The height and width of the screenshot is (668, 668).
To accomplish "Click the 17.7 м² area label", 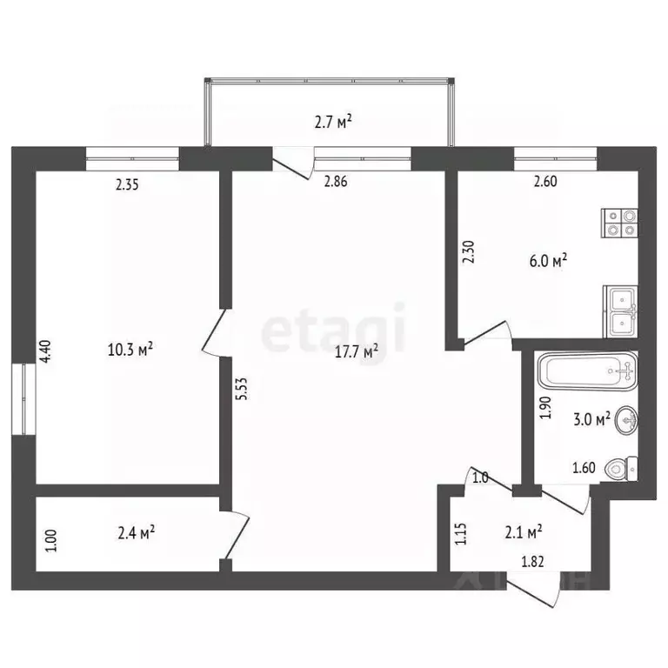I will [x=358, y=352].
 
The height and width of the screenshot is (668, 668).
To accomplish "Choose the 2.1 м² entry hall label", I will [x=524, y=529].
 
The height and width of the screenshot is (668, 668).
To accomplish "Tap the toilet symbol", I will [x=622, y=470].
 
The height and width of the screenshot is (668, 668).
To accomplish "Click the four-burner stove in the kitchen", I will [x=621, y=223].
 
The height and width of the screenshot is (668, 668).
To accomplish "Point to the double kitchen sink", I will [x=621, y=311].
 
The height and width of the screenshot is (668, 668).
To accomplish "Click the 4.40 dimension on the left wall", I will [x=48, y=351].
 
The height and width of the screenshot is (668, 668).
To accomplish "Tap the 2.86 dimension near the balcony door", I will [x=337, y=182].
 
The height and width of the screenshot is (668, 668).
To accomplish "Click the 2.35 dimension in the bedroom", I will [x=128, y=184].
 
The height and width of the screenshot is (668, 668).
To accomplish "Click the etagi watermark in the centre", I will [x=334, y=328].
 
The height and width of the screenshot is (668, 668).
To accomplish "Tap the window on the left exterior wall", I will [x=23, y=397].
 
